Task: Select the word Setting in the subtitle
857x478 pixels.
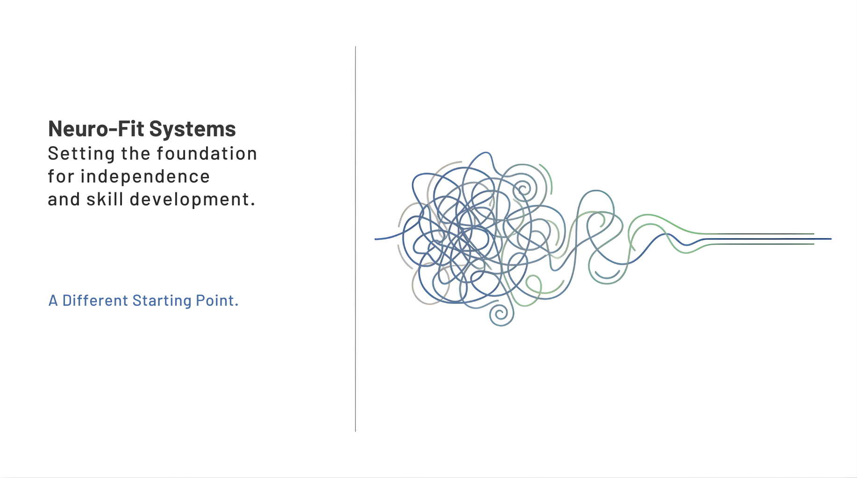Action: (x=82, y=154)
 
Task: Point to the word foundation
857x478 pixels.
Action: (x=207, y=154)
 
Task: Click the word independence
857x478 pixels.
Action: (x=145, y=177)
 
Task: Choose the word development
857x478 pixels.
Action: (x=193, y=200)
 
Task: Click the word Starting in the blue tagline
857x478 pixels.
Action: (x=162, y=301)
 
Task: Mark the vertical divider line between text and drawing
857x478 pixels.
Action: (x=355, y=239)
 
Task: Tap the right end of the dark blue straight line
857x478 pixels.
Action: (x=831, y=239)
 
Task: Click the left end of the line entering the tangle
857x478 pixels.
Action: (x=375, y=239)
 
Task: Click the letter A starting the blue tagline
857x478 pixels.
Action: (x=53, y=301)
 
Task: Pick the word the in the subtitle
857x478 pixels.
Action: (x=136, y=154)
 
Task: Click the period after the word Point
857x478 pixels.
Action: (x=236, y=305)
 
